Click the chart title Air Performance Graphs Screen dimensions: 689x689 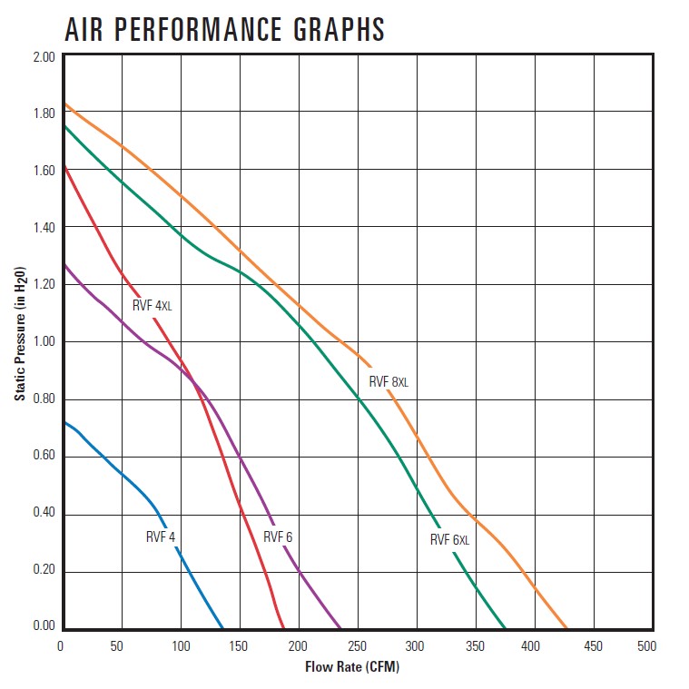(225, 29)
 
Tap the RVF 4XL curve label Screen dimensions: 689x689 (152, 306)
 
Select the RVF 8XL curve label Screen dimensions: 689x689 (389, 382)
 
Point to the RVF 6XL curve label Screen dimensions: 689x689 (449, 540)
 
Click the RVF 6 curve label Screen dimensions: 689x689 (278, 536)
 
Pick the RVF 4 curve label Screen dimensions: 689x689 (160, 536)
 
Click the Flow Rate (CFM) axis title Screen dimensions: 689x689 (352, 667)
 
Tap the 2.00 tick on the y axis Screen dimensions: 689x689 (44, 56)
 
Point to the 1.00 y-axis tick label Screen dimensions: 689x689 (44, 341)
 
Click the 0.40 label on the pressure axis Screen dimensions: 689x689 (44, 513)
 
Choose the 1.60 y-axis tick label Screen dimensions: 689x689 (44, 171)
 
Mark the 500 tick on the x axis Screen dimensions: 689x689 (647, 645)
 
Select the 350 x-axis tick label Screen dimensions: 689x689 (472, 645)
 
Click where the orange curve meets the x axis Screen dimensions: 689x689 (566, 628)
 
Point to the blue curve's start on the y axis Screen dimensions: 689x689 (62, 422)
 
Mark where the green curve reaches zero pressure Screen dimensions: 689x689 (506, 628)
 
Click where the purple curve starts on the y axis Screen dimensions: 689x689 (62, 264)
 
